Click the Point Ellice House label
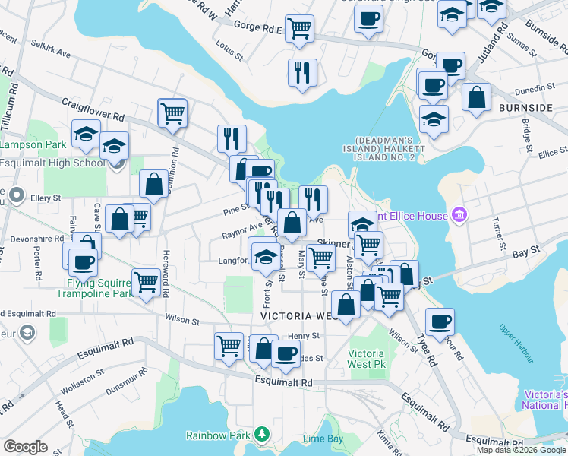pyautogui.click(x=414, y=216)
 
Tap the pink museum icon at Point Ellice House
pyautogui.click(x=458, y=216)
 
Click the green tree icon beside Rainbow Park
pyautogui.click(x=262, y=434)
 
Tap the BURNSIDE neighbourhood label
pyautogui.click(x=525, y=108)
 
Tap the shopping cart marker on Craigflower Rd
pyautogui.click(x=173, y=114)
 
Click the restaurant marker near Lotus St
pyautogui.click(x=302, y=73)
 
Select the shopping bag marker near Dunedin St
pyautogui.click(x=476, y=97)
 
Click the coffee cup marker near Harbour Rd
pyautogui.click(x=440, y=322)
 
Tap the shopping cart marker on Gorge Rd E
pyautogui.click(x=300, y=28)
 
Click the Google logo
pyautogui.click(x=26, y=446)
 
